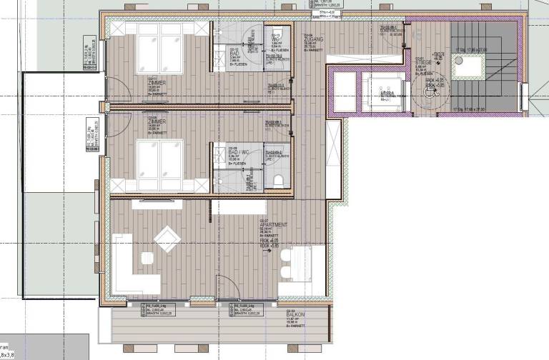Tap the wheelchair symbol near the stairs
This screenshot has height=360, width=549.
[430, 91]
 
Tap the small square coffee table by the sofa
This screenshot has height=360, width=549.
[147, 258]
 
